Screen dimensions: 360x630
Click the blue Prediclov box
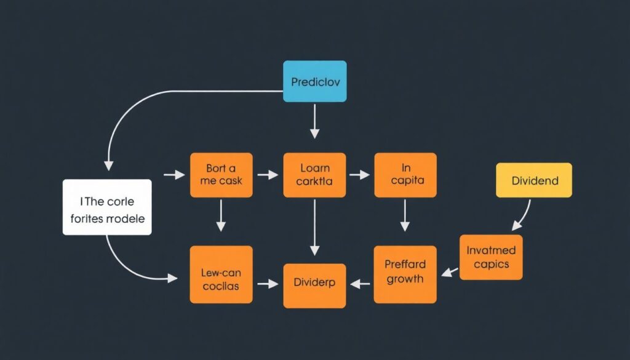[314, 81]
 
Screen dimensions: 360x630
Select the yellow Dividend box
[534, 180]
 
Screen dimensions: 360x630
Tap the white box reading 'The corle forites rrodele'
[107, 207]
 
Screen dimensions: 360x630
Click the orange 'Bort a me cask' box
[221, 175]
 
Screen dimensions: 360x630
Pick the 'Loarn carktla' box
[314, 175]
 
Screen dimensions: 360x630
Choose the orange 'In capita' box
[405, 175]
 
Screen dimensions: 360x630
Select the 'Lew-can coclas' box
[221, 274]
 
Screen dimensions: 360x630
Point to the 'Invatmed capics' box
[491, 257]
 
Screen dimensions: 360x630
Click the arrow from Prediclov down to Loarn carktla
[314, 121]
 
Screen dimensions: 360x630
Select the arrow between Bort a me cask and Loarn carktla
[268, 175]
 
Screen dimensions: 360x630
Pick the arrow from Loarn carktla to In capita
[360, 175]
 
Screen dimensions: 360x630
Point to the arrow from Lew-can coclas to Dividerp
[268, 284]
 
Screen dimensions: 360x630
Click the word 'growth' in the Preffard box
[405, 279]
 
